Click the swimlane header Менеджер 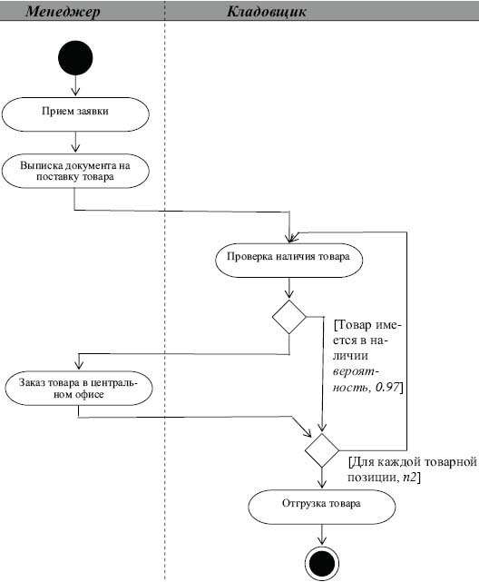coord(63,11)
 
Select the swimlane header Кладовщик coord(267,11)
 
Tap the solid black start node coord(75,58)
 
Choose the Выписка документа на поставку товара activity coord(75,171)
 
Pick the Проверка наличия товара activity coord(288,261)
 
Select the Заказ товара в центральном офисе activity coord(79,389)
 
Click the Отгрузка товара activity coord(322,507)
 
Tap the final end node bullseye coord(322,563)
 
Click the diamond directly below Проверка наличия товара coord(289,317)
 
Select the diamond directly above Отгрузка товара coord(322,450)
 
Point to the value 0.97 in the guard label coord(387,387)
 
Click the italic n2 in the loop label coord(410,478)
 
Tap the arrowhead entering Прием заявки coord(75,92)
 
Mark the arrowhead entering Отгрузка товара coord(322,484)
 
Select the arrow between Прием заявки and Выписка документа coord(75,143)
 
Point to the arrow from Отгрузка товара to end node coord(322,535)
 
